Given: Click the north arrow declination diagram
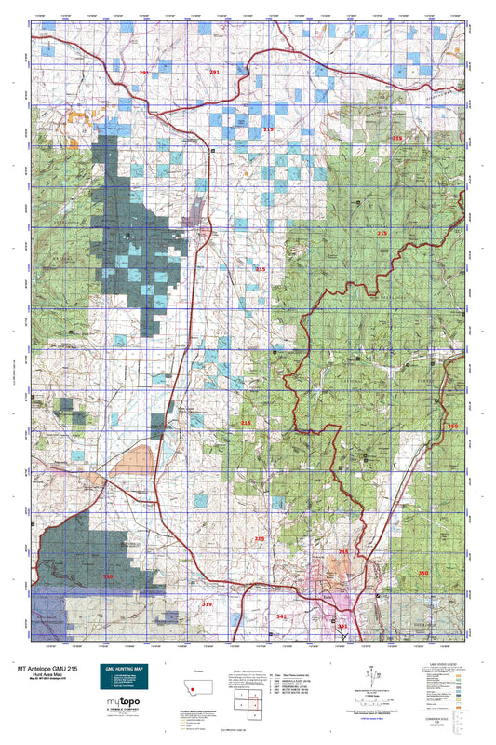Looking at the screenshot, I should [371, 672].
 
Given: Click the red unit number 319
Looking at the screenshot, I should [208, 604].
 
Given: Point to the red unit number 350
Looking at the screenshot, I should [423, 573].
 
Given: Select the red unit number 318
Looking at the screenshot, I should [108, 577].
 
